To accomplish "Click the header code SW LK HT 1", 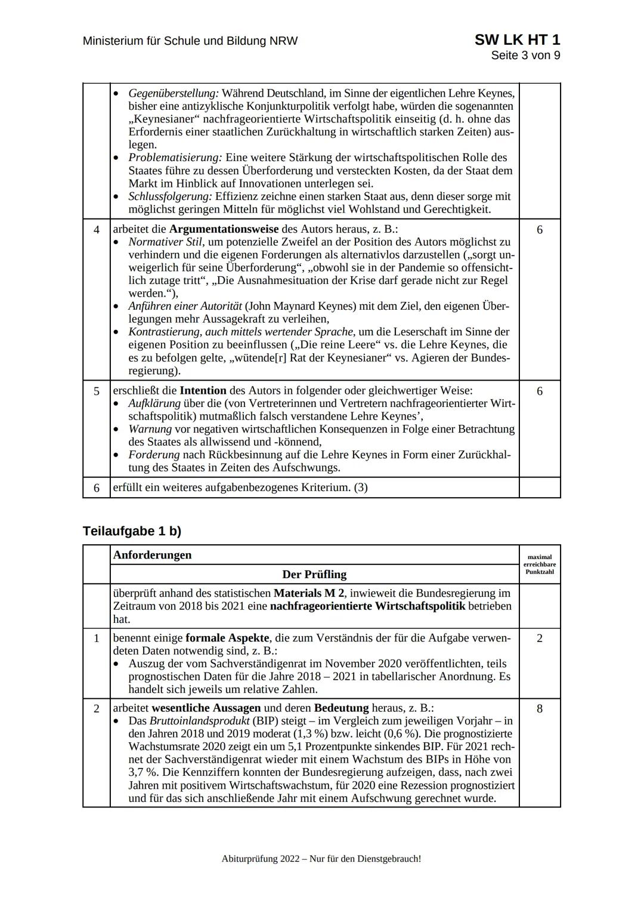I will click(517, 40).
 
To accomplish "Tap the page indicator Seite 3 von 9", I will click(525, 55).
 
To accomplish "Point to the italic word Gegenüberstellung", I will click(174, 94).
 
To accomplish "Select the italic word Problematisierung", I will click(175, 158).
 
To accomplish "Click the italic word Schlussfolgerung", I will click(171, 196).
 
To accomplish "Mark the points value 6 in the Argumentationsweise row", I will click(540, 230).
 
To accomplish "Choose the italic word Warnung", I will click(150, 429).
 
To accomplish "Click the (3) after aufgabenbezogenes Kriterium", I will click(361, 488).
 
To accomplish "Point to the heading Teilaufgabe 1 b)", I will click(132, 531).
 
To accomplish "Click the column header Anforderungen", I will click(153, 555).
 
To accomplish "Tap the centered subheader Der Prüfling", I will click(314, 575).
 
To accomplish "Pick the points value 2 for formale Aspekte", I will click(540, 638).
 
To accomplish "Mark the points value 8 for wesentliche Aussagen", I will click(540, 709).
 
